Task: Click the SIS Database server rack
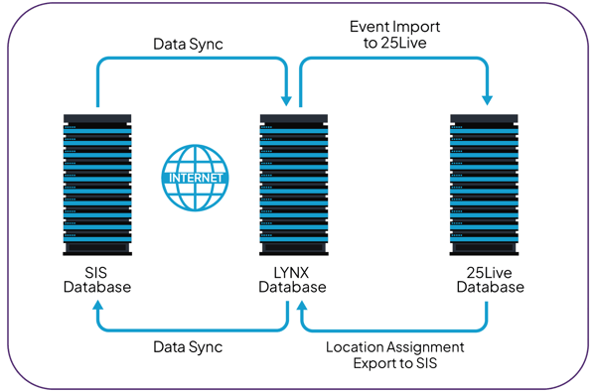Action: (x=97, y=185)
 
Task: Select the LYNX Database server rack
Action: (x=293, y=185)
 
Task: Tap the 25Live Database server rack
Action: (x=488, y=185)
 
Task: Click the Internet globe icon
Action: (x=195, y=178)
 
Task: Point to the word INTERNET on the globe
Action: (x=195, y=179)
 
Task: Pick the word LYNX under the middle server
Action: (x=292, y=272)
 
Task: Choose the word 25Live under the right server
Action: (x=489, y=272)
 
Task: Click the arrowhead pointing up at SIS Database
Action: (x=97, y=309)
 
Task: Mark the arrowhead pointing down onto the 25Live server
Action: (x=488, y=99)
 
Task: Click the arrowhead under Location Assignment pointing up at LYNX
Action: (x=302, y=309)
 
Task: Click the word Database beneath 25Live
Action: (x=489, y=288)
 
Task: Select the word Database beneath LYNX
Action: (x=292, y=288)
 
